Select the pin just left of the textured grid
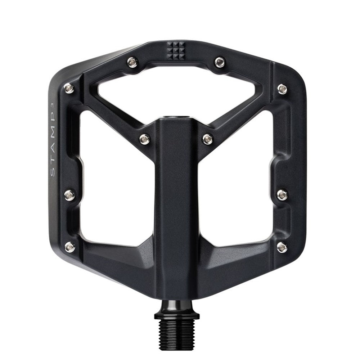133,63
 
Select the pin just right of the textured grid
220,62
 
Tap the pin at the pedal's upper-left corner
69,87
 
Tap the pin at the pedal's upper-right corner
283,89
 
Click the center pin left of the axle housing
145,138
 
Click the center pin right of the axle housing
208,139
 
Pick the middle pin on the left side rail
70,195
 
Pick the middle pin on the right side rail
283,195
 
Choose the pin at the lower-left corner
70,247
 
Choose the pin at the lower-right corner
283,247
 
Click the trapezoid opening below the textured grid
176,90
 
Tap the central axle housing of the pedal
176,202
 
